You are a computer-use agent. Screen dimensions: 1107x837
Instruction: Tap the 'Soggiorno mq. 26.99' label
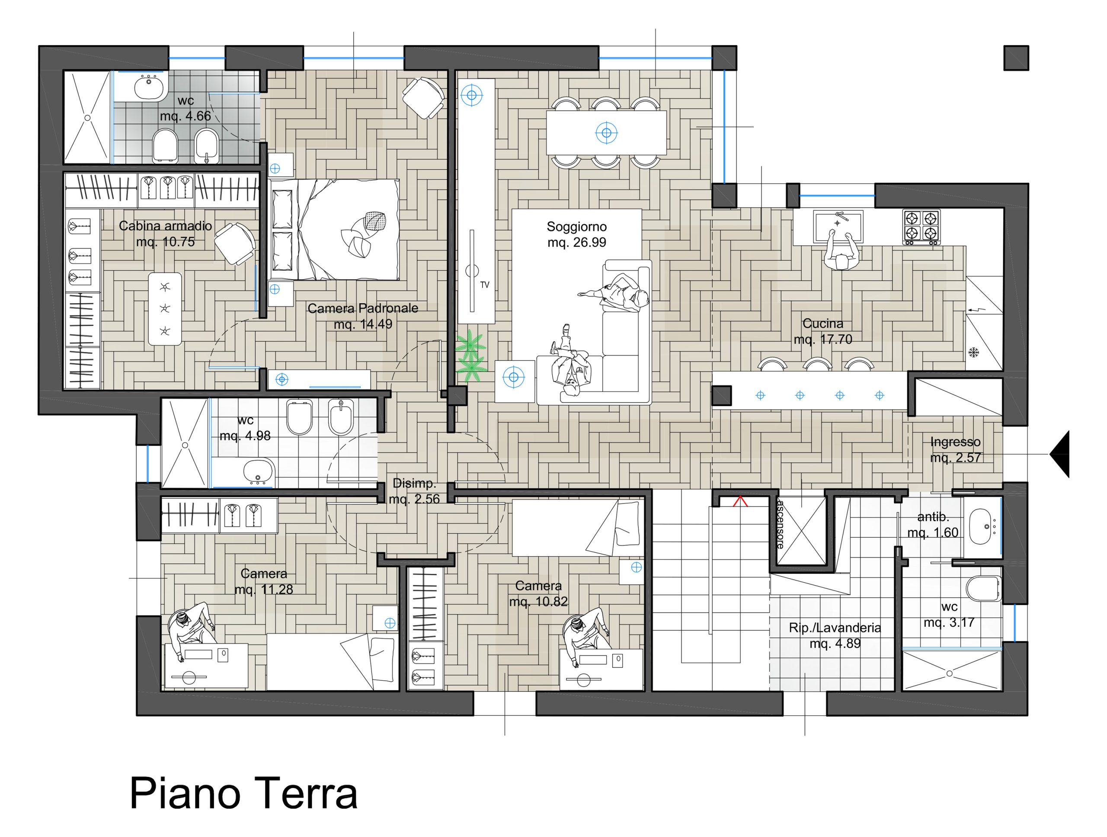(x=576, y=235)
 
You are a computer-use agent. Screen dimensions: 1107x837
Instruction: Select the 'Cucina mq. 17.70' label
(x=823, y=331)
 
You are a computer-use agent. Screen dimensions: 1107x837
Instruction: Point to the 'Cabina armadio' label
(x=165, y=226)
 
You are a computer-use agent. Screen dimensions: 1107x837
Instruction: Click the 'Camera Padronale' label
(x=363, y=308)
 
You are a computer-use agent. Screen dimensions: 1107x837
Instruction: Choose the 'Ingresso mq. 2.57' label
(x=955, y=449)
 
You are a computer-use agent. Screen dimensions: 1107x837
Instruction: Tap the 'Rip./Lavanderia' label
(x=835, y=628)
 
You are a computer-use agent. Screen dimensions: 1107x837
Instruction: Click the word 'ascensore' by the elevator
(x=780, y=523)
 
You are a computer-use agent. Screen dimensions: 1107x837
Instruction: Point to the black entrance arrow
(x=1059, y=454)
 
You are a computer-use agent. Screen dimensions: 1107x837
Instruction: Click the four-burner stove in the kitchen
(x=921, y=227)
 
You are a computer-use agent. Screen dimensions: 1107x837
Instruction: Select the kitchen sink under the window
(x=839, y=220)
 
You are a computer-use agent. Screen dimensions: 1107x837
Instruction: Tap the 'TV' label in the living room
(x=484, y=285)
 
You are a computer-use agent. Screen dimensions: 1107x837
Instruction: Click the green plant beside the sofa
(x=470, y=356)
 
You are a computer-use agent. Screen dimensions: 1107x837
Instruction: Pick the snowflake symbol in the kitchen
(x=973, y=353)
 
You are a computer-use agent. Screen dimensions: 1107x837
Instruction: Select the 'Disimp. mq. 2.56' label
(x=414, y=491)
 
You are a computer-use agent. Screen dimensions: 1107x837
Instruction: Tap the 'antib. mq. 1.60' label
(x=933, y=525)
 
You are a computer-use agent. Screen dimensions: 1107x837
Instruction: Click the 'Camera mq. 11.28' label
(x=264, y=581)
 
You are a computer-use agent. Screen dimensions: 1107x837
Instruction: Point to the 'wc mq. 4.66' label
(x=186, y=108)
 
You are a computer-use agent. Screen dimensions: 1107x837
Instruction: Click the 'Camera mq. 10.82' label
(x=538, y=593)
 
